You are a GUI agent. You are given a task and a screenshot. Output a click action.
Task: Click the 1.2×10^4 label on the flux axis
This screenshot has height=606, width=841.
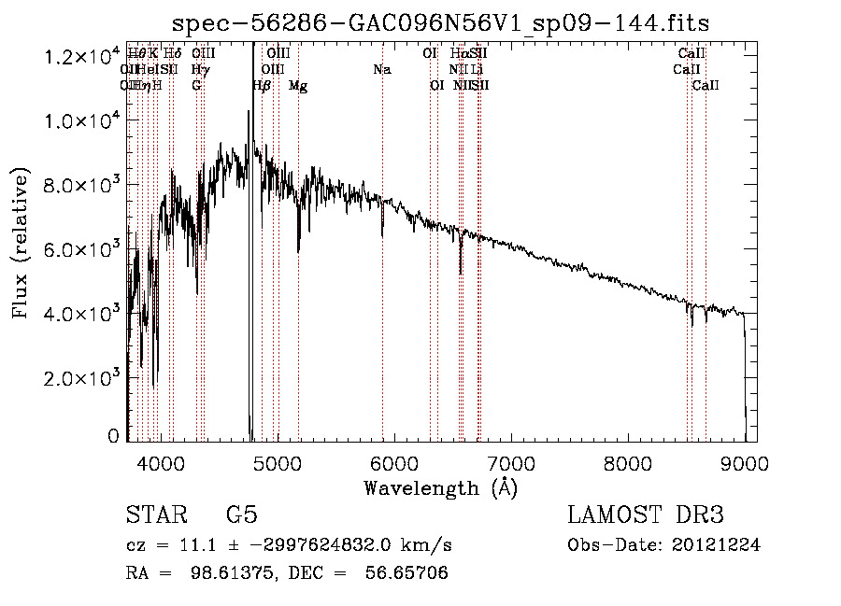click(x=83, y=58)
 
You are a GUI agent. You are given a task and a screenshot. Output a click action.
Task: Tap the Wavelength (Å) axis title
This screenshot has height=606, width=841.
click(x=440, y=487)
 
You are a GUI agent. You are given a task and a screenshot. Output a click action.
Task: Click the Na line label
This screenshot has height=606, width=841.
click(x=381, y=69)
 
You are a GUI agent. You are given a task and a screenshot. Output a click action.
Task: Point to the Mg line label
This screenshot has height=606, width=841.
click(x=298, y=86)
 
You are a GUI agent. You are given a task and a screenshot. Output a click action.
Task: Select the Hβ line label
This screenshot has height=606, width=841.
click(x=262, y=86)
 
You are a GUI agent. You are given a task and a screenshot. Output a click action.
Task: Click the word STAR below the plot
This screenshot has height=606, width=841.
click(x=152, y=514)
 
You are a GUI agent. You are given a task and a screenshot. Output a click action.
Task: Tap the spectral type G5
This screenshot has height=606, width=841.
click(x=241, y=514)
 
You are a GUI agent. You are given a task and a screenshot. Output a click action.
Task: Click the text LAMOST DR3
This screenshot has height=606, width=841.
click(x=645, y=514)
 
